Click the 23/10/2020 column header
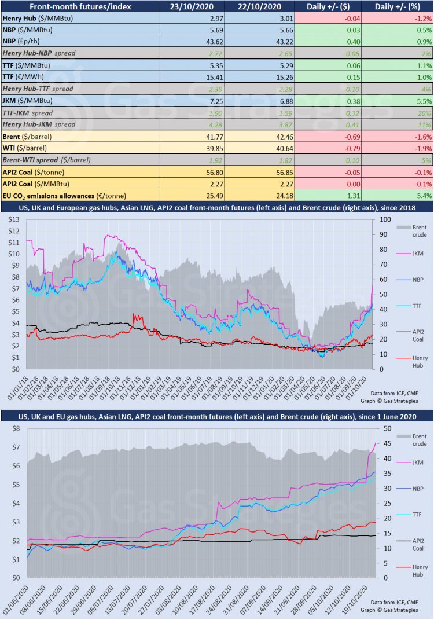click(192, 6)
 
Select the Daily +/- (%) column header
click(397, 6)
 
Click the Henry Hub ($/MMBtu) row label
click(38, 18)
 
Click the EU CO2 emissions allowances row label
click(64, 196)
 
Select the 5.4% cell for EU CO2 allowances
click(424, 196)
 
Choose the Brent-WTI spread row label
click(47, 160)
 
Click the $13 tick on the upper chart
click(13, 220)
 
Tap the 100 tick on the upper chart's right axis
click(385, 219)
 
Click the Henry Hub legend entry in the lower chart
click(411, 571)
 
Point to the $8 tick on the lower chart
click(16, 428)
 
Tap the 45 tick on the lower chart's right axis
click(388, 443)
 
